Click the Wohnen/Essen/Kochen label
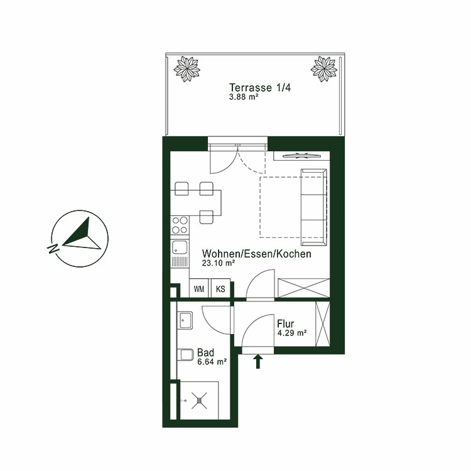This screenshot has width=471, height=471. (256, 254)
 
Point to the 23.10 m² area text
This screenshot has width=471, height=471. (219, 264)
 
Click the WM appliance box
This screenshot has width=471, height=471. (199, 289)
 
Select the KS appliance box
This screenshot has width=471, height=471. (220, 289)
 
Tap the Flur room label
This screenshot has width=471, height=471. (285, 324)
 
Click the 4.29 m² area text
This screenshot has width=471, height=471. (291, 333)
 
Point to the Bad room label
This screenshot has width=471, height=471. (205, 352)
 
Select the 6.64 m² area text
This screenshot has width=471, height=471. (212, 362)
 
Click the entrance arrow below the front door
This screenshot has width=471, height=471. (257, 361)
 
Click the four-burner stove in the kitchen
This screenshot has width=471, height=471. (179, 224)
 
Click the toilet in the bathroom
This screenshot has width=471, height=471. (185, 355)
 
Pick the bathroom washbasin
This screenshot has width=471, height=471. (185, 320)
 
